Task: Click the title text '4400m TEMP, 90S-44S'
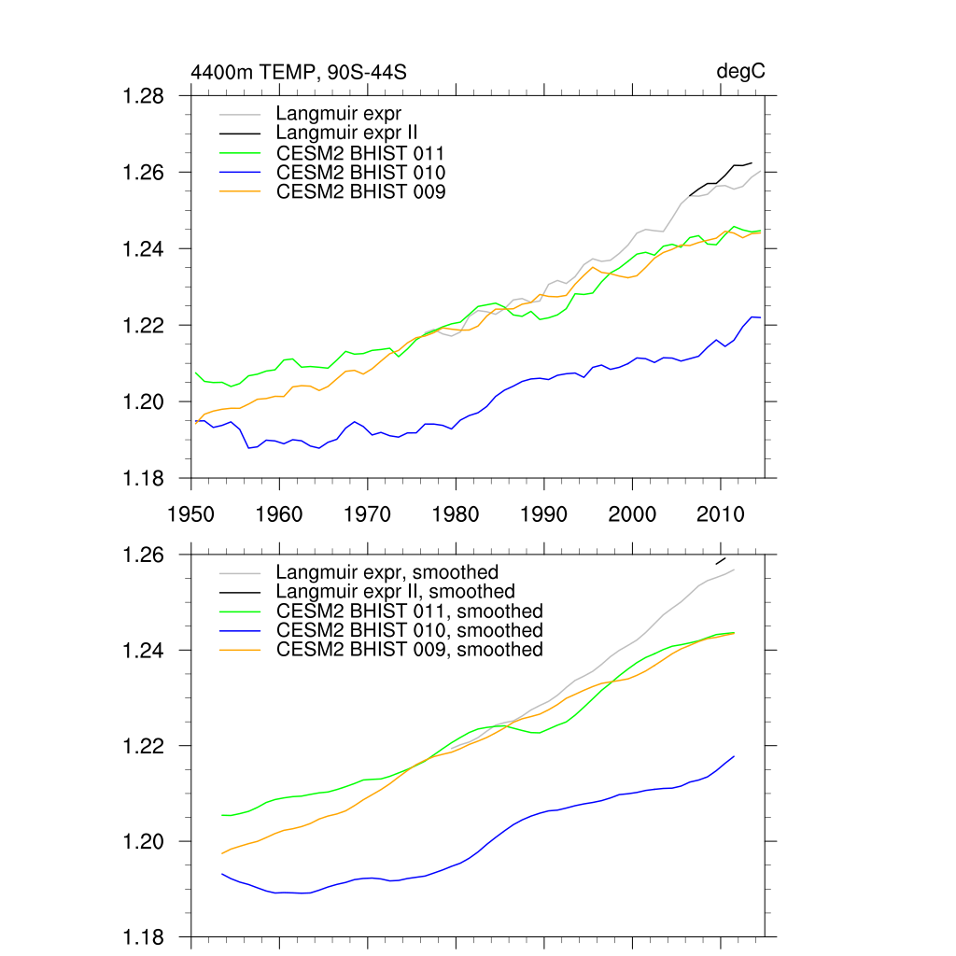(299, 72)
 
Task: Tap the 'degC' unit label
(740, 72)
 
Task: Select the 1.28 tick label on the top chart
(145, 96)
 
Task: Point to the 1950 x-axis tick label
(190, 513)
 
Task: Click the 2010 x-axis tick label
(721, 513)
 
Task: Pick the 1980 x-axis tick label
(456, 513)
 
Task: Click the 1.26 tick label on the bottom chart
(145, 555)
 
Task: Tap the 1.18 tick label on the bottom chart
(145, 936)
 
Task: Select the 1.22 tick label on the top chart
(145, 325)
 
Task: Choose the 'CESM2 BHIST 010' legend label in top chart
(360, 172)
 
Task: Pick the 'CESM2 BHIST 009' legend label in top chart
(360, 191)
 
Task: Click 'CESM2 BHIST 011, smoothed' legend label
(409, 611)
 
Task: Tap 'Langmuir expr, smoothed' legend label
(387, 571)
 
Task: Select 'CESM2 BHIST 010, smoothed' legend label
(409, 630)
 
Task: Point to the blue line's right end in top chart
(760, 318)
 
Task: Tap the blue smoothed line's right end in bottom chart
(734, 756)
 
